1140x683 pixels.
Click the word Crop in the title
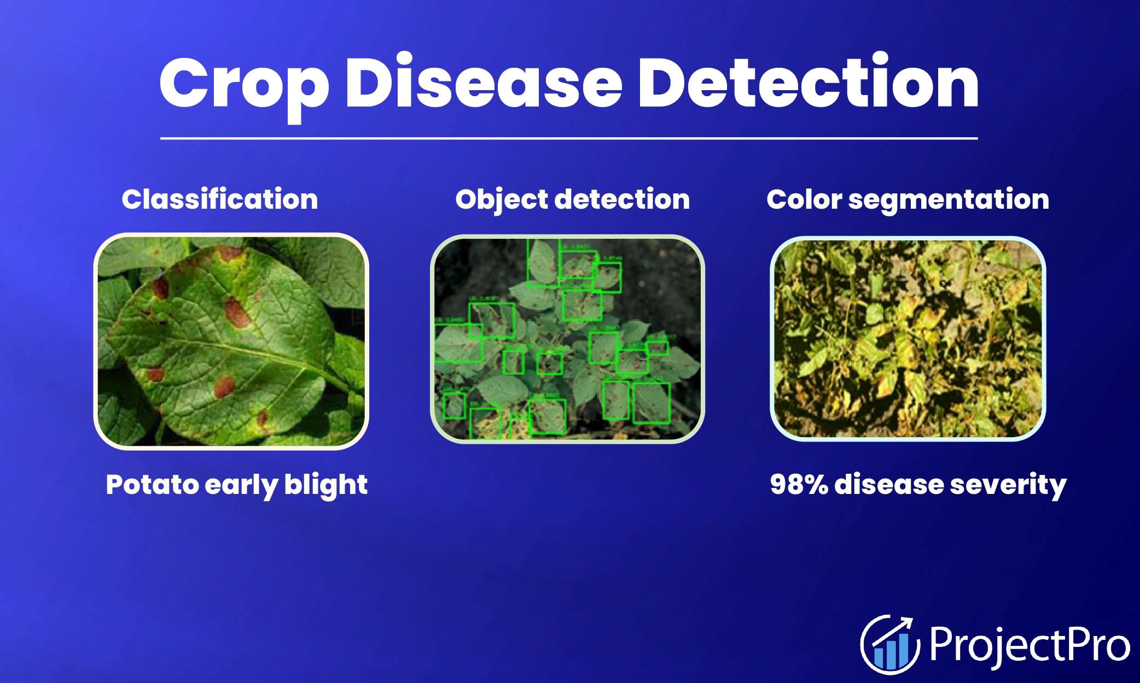pyautogui.click(x=244, y=85)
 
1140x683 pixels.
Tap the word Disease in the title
pyautogui.click(x=484, y=85)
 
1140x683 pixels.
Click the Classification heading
pyautogui.click(x=219, y=199)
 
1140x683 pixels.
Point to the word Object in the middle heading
pyautogui.click(x=501, y=199)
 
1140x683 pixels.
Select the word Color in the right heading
pyautogui.click(x=804, y=199)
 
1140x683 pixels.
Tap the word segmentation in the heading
pyautogui.click(x=949, y=199)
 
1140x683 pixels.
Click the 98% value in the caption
pyautogui.click(x=799, y=484)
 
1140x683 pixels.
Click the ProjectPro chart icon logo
pyautogui.click(x=889, y=645)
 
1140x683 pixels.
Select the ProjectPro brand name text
pyautogui.click(x=1029, y=645)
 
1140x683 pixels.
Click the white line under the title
pyautogui.click(x=569, y=138)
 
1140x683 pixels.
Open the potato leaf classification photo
pyautogui.click(x=231, y=341)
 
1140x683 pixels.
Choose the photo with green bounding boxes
pyautogui.click(x=567, y=339)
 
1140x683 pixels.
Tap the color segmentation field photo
pyautogui.click(x=908, y=339)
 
